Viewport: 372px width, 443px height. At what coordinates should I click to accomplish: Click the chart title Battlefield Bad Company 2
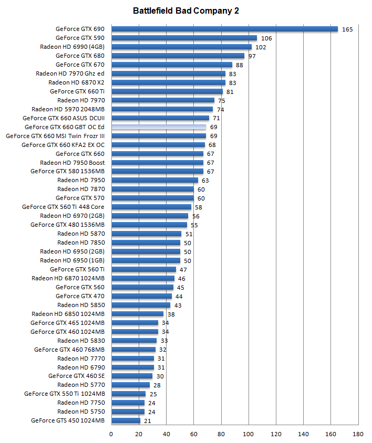point(186,10)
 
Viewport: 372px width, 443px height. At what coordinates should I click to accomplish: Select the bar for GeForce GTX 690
point(224,29)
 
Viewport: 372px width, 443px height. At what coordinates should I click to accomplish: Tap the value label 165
point(347,29)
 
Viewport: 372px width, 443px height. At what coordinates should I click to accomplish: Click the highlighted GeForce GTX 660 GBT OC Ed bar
point(158,127)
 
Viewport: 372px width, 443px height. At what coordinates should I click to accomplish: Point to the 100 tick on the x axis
point(249,434)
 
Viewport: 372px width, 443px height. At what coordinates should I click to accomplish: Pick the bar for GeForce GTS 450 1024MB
point(126,420)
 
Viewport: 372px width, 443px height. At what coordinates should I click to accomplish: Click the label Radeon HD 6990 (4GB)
point(72,47)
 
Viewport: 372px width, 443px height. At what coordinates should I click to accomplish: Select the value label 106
point(266,38)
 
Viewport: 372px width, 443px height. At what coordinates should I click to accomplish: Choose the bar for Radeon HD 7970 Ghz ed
point(168,73)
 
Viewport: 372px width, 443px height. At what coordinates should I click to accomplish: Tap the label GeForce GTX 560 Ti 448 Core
point(63,207)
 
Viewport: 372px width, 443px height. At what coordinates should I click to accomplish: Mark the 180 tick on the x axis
point(358,434)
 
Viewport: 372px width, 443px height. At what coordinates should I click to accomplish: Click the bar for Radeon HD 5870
point(146,234)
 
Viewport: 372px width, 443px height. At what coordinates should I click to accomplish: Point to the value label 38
point(171,314)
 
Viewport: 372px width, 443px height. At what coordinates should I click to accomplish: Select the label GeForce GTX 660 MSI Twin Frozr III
point(55,136)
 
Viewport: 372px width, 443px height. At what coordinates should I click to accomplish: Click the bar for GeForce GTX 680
point(178,56)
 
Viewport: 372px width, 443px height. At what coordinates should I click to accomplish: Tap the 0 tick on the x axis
point(111,434)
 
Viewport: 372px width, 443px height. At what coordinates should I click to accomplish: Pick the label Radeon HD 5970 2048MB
point(68,109)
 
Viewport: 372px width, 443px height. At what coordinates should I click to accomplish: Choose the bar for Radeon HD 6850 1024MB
point(137,313)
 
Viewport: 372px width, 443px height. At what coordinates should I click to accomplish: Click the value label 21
point(148,421)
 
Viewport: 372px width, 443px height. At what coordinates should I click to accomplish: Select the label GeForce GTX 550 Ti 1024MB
point(65,394)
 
